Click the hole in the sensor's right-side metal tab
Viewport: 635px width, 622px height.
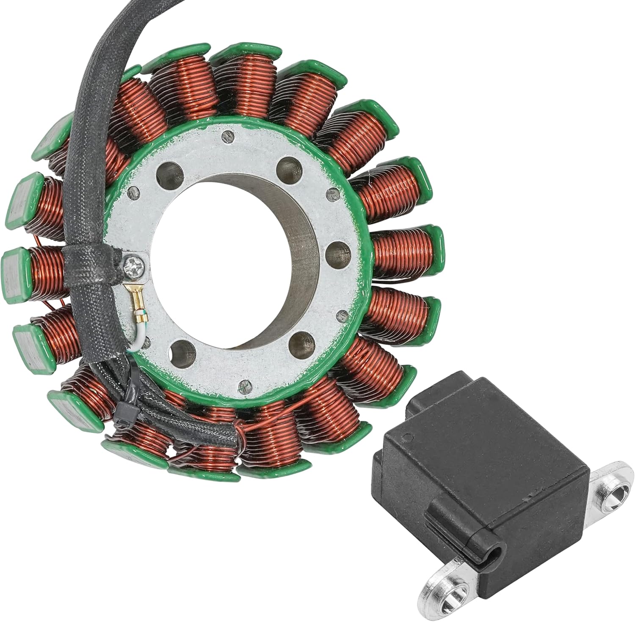coord(612,493)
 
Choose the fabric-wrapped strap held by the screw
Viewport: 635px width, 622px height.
coord(91,264)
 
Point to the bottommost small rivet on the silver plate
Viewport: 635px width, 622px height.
coord(243,384)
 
